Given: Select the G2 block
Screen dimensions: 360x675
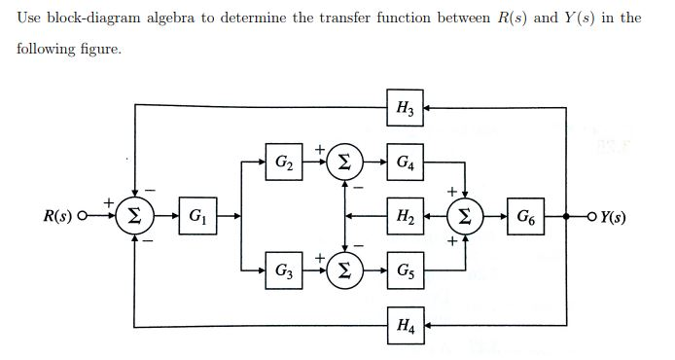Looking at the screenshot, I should pyautogui.click(x=282, y=159).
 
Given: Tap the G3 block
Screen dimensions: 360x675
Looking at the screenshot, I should pyautogui.click(x=282, y=267).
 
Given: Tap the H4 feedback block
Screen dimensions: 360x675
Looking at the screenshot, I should pyautogui.click(x=404, y=322).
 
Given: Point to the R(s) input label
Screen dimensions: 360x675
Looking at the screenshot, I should pyautogui.click(x=60, y=214).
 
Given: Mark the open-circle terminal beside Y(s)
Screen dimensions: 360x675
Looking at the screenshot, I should pyautogui.click(x=589, y=213).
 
